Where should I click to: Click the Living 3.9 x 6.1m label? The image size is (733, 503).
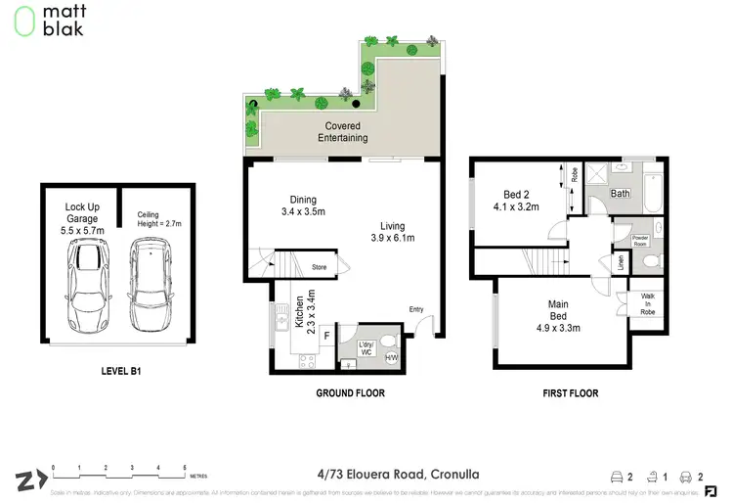tap(393, 231)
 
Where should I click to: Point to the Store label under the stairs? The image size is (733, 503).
tap(320, 265)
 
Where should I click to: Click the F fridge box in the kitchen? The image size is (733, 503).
tap(325, 336)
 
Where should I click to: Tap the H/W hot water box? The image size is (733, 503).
tap(392, 357)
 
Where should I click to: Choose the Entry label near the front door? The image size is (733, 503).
tap(417, 310)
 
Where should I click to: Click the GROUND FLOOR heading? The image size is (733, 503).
tap(349, 393)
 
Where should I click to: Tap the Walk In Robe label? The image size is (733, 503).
tap(647, 304)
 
